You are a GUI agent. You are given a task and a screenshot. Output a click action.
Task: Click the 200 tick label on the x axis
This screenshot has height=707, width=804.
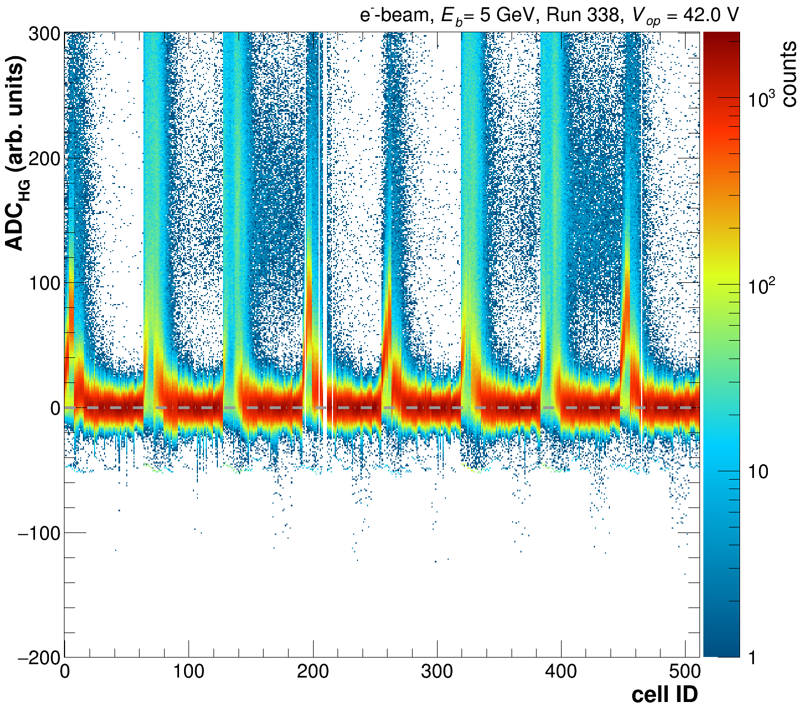coord(312,671)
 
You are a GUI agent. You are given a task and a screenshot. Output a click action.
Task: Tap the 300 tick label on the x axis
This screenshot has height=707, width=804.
coord(437,671)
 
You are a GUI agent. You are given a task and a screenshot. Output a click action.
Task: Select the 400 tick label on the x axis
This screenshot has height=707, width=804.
coord(562,671)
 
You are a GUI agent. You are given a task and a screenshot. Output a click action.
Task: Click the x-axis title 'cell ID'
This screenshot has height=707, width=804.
coord(664,694)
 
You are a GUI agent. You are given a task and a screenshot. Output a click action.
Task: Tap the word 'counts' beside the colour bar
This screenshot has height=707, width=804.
coord(788,75)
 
